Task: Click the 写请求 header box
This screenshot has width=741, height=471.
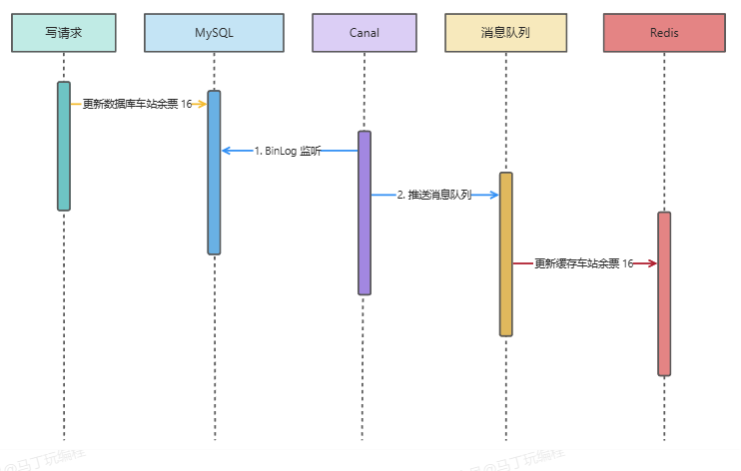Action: pyautogui.click(x=64, y=32)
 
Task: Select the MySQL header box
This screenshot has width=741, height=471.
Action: pyautogui.click(x=214, y=32)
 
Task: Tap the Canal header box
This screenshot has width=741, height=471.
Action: pyautogui.click(x=365, y=32)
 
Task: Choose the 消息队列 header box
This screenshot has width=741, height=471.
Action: pyautogui.click(x=505, y=32)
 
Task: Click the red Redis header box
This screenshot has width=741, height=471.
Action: pyautogui.click(x=664, y=32)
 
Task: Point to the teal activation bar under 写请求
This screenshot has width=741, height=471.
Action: pyautogui.click(x=64, y=146)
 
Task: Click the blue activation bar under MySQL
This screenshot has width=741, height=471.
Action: pyautogui.click(x=214, y=173)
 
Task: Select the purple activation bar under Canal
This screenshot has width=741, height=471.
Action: pyautogui.click(x=365, y=213)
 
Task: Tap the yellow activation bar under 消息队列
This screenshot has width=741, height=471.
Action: pyautogui.click(x=506, y=254)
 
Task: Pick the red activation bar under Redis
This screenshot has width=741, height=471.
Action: pyautogui.click(x=664, y=293)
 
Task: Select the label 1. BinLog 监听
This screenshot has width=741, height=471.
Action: pyautogui.click(x=288, y=151)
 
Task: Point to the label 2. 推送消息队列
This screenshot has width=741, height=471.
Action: pyautogui.click(x=433, y=196)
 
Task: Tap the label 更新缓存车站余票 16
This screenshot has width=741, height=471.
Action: pyautogui.click(x=583, y=263)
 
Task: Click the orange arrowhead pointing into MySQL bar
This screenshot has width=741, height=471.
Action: pyautogui.click(x=202, y=104)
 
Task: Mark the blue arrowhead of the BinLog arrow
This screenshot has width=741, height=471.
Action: pyautogui.click(x=227, y=151)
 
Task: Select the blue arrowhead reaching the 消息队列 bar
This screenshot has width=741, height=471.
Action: pyautogui.click(x=493, y=196)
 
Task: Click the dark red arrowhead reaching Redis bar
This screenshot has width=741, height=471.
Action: pyautogui.click(x=651, y=263)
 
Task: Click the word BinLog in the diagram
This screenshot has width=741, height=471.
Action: pyautogui.click(x=281, y=151)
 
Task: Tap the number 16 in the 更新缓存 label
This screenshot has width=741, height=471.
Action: pyautogui.click(x=627, y=263)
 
